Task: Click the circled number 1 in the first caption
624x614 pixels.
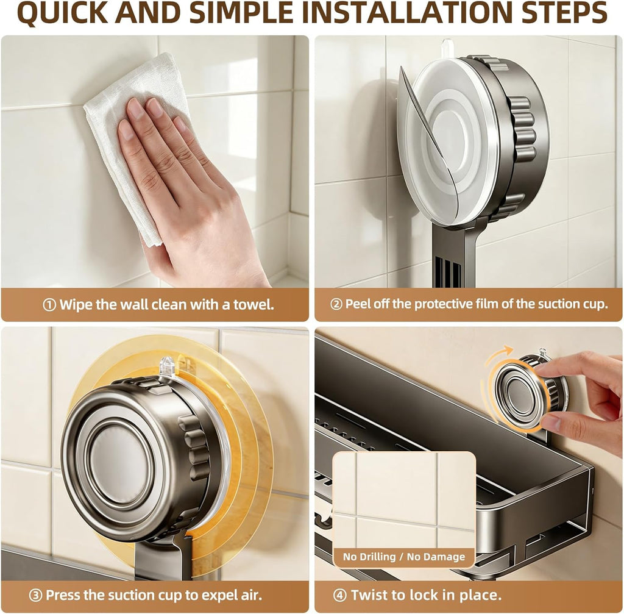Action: click(x=49, y=305)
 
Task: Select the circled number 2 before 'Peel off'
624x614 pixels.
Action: click(x=336, y=304)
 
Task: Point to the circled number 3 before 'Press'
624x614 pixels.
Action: click(x=35, y=595)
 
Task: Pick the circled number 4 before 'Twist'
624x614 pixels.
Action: click(x=339, y=595)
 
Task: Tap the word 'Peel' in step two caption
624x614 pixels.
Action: click(x=358, y=304)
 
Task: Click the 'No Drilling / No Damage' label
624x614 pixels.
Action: click(x=404, y=556)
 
